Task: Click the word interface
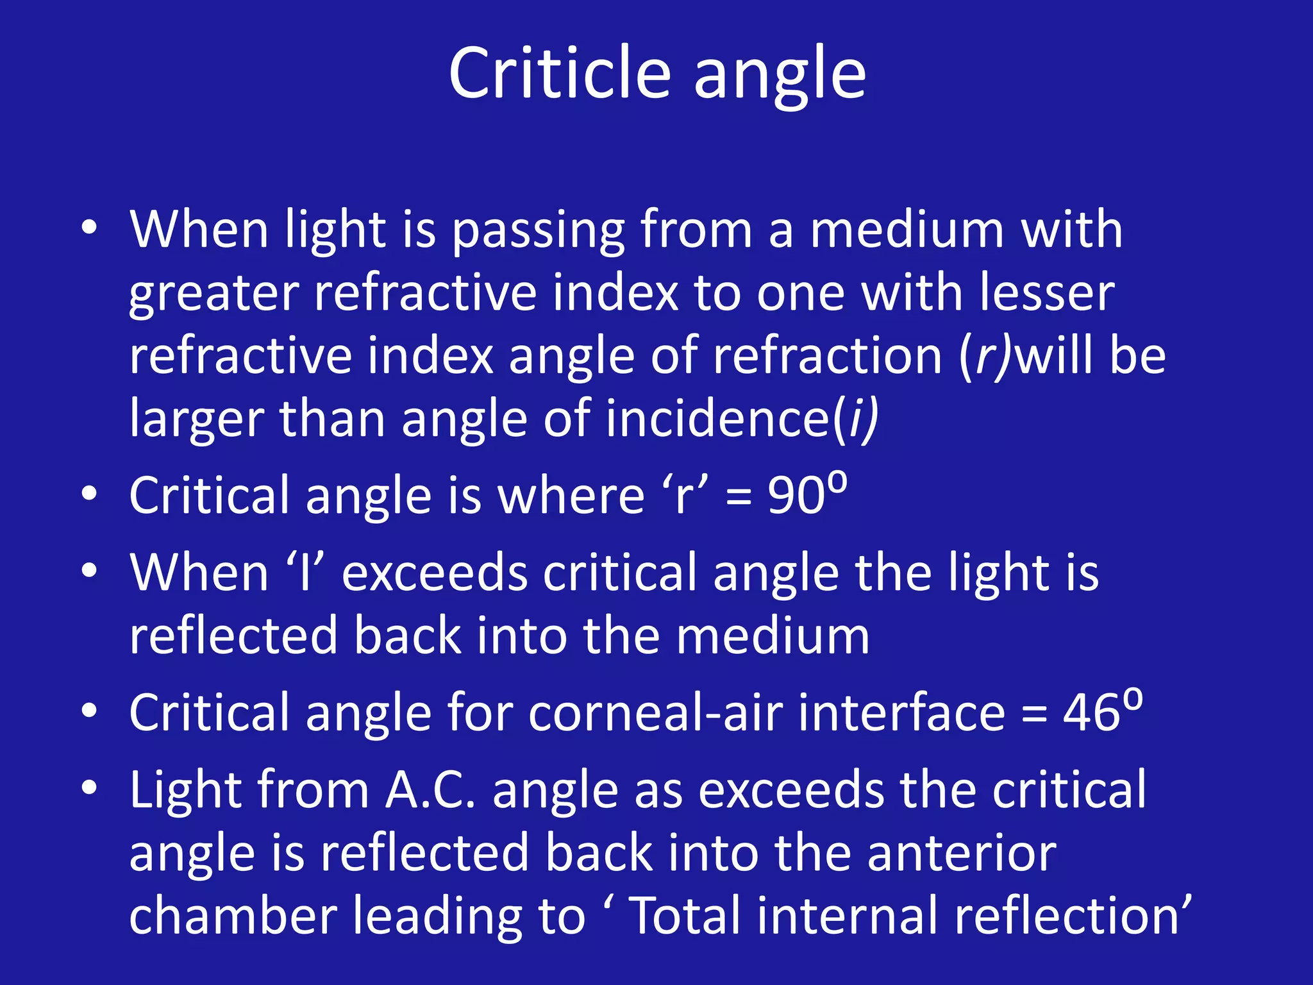tap(901, 713)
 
